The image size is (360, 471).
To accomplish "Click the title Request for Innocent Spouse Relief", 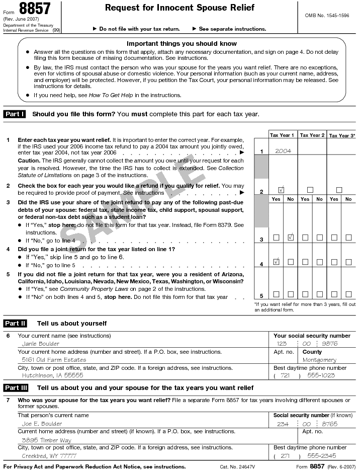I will (179, 8).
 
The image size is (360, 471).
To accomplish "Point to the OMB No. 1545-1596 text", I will (327, 16).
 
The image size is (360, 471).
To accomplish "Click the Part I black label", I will (15, 114).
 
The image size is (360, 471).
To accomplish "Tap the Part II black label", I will (15, 323).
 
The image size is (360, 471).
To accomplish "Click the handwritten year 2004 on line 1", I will (283, 150).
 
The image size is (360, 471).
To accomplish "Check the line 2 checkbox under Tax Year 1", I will (281, 190).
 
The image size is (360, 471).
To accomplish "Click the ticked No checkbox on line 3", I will (290, 237).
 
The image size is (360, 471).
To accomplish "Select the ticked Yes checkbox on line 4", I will (276, 262).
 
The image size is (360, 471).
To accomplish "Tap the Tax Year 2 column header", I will (312, 135).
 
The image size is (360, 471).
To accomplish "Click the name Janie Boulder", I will (40, 344).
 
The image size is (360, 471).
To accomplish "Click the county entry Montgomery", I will (319, 360).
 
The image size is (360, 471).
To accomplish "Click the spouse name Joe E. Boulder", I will (42, 424).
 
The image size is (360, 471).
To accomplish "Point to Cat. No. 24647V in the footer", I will (237, 467).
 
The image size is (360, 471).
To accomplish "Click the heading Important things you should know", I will (182, 44).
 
